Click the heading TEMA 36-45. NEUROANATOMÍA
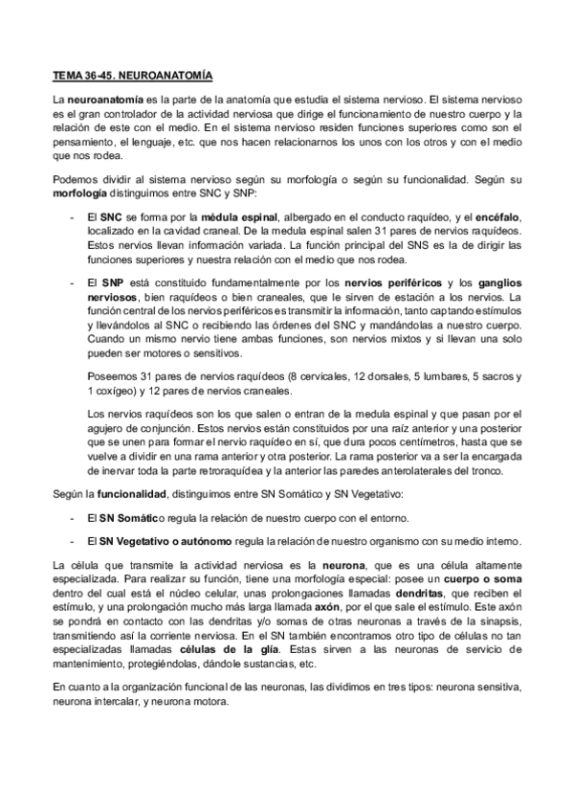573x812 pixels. coord(133,75)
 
